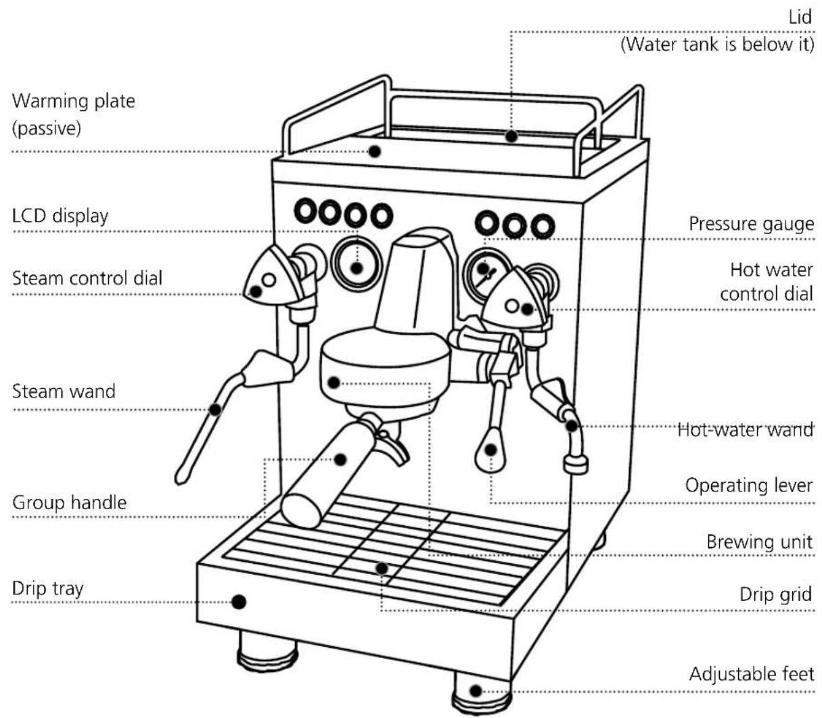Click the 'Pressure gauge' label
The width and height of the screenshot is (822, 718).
tap(751, 224)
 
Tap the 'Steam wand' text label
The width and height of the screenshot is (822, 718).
tap(64, 391)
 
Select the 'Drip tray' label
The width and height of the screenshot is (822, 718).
tap(48, 589)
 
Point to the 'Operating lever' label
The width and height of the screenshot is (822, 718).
tap(749, 485)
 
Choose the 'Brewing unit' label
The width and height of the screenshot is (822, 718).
tap(759, 542)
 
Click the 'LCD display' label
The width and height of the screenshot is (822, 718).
tap(60, 216)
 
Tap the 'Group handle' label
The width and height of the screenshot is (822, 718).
tap(70, 502)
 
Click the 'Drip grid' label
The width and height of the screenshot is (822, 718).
tap(775, 594)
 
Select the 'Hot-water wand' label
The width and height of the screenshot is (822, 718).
tap(746, 430)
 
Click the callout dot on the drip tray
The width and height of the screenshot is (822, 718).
tap(239, 602)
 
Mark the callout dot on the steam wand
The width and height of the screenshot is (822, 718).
tap(215, 410)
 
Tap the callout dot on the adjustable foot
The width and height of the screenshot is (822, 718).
tap(476, 691)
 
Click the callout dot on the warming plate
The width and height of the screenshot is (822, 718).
tap(374, 151)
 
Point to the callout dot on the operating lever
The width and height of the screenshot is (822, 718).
tap(490, 450)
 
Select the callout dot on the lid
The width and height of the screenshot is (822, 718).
tap(511, 137)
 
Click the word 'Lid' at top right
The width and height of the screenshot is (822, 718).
tap(800, 18)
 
